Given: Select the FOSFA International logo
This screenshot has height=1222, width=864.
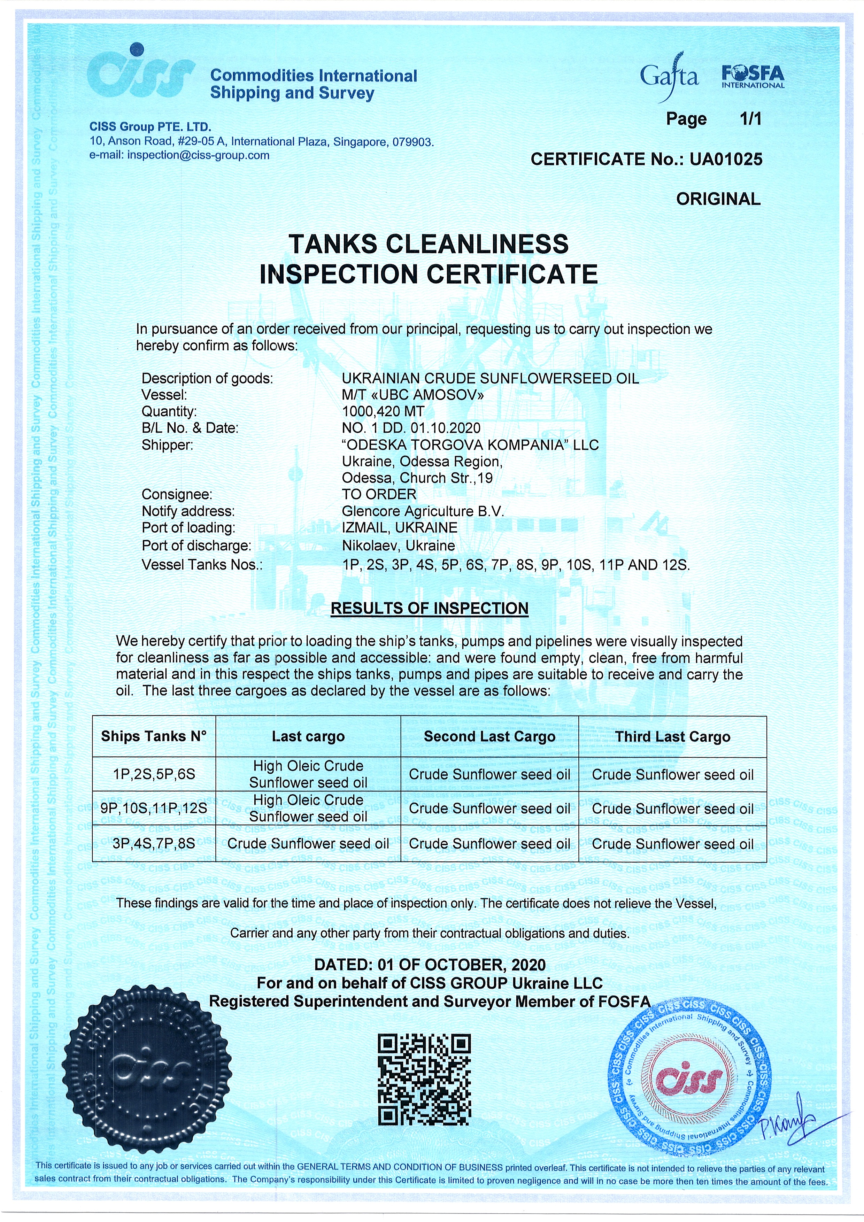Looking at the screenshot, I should coord(753,76).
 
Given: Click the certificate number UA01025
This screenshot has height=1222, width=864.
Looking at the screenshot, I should coord(726,159).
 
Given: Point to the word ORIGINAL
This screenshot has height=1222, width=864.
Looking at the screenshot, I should coord(718,199).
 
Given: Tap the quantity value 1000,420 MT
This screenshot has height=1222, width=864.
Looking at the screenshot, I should coord(383,411).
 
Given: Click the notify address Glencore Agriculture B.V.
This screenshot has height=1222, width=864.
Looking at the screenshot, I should coord(423,511).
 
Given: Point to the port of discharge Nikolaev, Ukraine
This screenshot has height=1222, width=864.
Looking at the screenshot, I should coord(398,546).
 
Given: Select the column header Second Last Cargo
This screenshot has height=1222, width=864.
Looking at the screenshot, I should coord(489,737).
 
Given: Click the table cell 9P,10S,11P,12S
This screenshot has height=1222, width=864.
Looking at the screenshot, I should coord(154,809).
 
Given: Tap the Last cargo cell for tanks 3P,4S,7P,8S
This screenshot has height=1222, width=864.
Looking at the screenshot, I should coord(308,844).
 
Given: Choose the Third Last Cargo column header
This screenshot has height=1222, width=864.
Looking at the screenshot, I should coord(672,737).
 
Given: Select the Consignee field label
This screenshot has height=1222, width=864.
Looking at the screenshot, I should coord(177,494).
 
